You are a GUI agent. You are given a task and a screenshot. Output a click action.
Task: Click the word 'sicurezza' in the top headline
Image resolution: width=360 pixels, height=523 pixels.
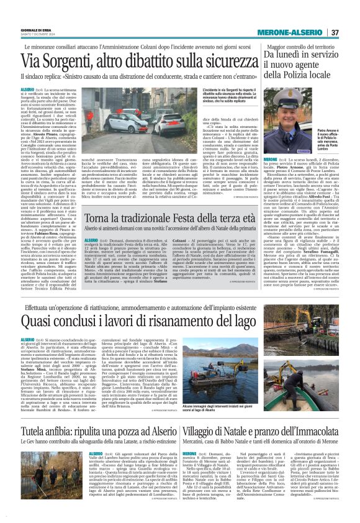coord(224,63)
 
